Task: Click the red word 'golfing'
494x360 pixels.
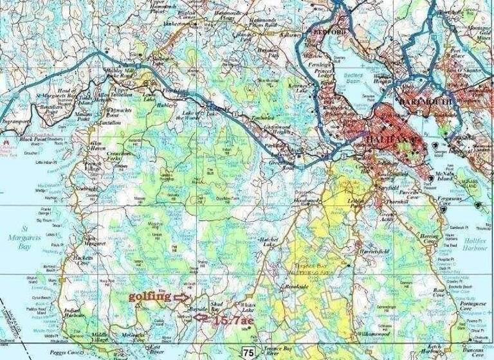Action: coord(151,297)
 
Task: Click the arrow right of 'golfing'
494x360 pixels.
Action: coord(184,297)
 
